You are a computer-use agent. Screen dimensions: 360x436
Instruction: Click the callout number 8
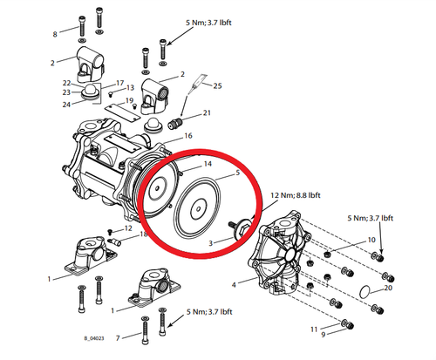54,34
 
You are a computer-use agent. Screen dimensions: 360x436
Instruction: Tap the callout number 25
218,85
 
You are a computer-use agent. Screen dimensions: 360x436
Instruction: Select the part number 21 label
207,113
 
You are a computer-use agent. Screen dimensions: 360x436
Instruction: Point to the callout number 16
187,137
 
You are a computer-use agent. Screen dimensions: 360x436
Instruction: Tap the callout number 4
233,285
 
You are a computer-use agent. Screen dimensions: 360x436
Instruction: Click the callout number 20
389,288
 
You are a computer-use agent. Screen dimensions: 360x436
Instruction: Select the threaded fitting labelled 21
181,117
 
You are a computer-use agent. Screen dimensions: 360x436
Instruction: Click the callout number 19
128,101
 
